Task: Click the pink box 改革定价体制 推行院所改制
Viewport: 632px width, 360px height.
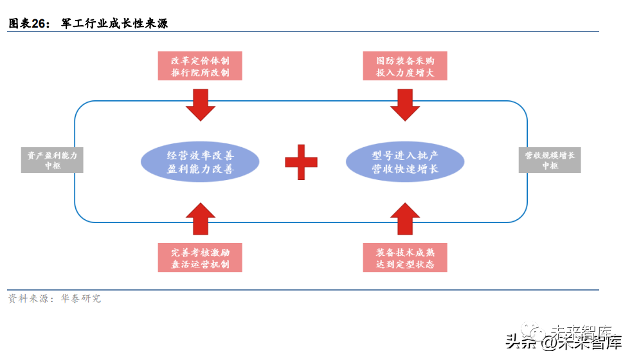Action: [200, 66]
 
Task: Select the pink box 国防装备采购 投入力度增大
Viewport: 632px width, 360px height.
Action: [405, 66]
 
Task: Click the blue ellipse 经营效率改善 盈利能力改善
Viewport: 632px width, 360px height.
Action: [200, 162]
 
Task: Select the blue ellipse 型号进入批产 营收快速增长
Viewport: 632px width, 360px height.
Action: [405, 162]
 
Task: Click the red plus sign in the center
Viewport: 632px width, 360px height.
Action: [301, 162]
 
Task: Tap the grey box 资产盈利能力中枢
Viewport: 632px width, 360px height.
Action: [52, 160]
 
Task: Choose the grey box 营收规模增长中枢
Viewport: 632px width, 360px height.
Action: [550, 160]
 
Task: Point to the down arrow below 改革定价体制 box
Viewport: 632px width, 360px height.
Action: [200, 104]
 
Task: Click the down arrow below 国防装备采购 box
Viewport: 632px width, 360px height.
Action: [405, 104]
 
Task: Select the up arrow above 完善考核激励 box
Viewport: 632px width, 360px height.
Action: [200, 219]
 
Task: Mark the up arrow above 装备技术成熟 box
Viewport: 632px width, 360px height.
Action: [405, 219]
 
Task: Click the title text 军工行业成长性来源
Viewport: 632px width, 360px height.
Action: [114, 24]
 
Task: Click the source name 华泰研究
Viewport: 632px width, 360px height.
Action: [81, 299]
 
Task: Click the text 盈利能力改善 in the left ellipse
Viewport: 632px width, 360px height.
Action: [200, 170]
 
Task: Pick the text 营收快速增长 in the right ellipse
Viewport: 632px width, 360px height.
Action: [405, 170]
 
